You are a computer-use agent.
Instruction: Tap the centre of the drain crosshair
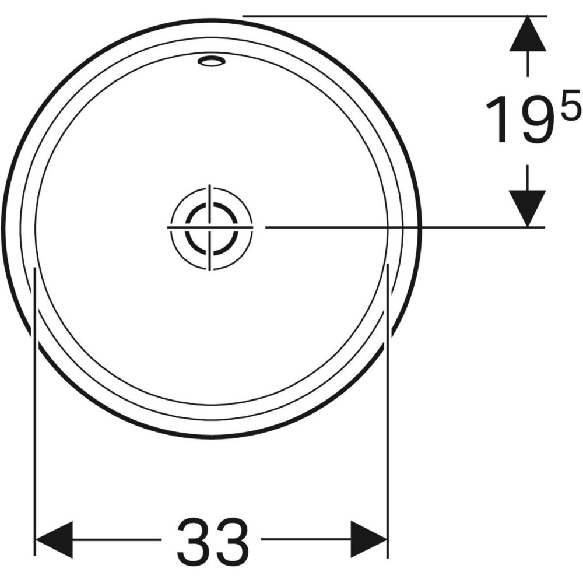[210, 226]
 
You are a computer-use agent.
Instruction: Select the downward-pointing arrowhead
[528, 207]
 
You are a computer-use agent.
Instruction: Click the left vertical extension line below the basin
[36, 408]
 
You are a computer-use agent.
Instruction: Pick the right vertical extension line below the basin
[388, 408]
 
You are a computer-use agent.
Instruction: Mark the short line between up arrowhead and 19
[528, 64]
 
